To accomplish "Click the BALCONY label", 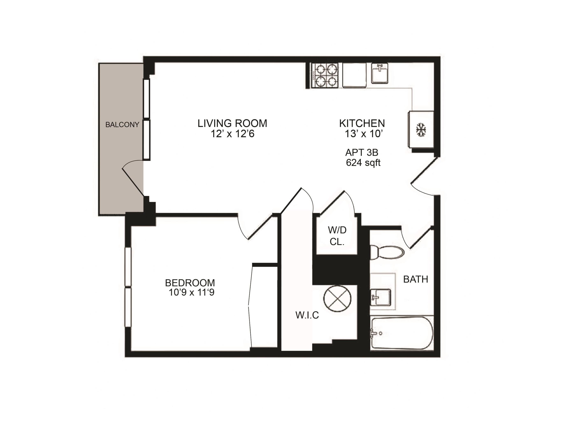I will [x=122, y=125].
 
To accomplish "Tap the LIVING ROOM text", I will [x=232, y=123].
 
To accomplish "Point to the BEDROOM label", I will [x=190, y=283].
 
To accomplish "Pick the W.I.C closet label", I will [x=307, y=315].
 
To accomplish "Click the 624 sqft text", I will [x=363, y=163].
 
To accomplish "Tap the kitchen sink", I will [x=379, y=73].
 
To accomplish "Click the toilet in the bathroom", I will [x=387, y=252].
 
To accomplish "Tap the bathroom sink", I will [x=380, y=297].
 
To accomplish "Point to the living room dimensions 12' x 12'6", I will [x=232, y=134].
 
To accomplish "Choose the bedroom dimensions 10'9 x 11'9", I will [x=191, y=292].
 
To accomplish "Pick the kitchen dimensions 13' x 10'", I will [x=364, y=134].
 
